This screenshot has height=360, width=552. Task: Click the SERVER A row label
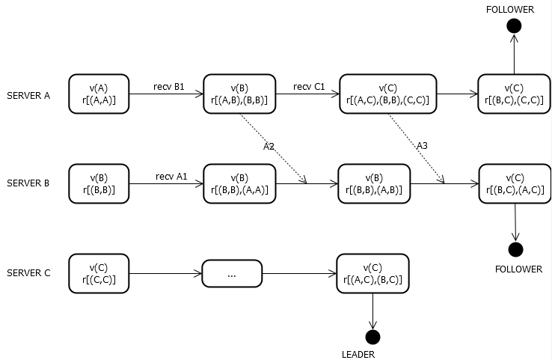[28, 95]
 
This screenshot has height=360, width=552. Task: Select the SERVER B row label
[28, 183]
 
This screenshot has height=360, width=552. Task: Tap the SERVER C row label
[28, 272]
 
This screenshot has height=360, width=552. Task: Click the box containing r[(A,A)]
[98, 94]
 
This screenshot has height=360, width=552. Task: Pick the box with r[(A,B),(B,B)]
[239, 94]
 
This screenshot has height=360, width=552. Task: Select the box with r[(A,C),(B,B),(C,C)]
[387, 94]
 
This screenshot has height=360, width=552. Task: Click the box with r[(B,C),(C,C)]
[514, 94]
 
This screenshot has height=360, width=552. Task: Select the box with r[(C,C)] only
[98, 273]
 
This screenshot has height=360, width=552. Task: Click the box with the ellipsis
[232, 274]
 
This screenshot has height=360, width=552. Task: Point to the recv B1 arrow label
[168, 86]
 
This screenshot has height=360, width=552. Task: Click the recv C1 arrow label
[309, 86]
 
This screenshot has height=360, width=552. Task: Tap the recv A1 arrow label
[171, 176]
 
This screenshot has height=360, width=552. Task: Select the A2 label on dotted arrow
[269, 147]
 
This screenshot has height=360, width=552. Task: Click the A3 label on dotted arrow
[422, 145]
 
